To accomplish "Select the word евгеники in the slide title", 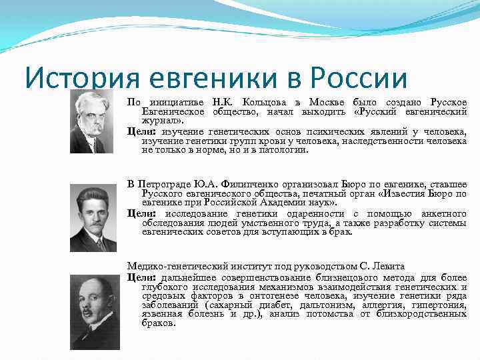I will pyautogui.click(x=211, y=79).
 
